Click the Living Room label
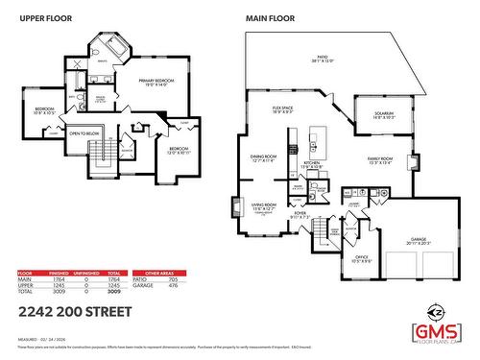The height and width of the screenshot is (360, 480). (x=263, y=205)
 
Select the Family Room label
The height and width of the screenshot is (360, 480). (x=380, y=160)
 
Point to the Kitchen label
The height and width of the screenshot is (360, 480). (x=311, y=165)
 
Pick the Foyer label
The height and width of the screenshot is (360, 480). (x=301, y=215)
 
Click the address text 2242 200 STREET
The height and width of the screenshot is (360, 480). (x=71, y=312)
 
